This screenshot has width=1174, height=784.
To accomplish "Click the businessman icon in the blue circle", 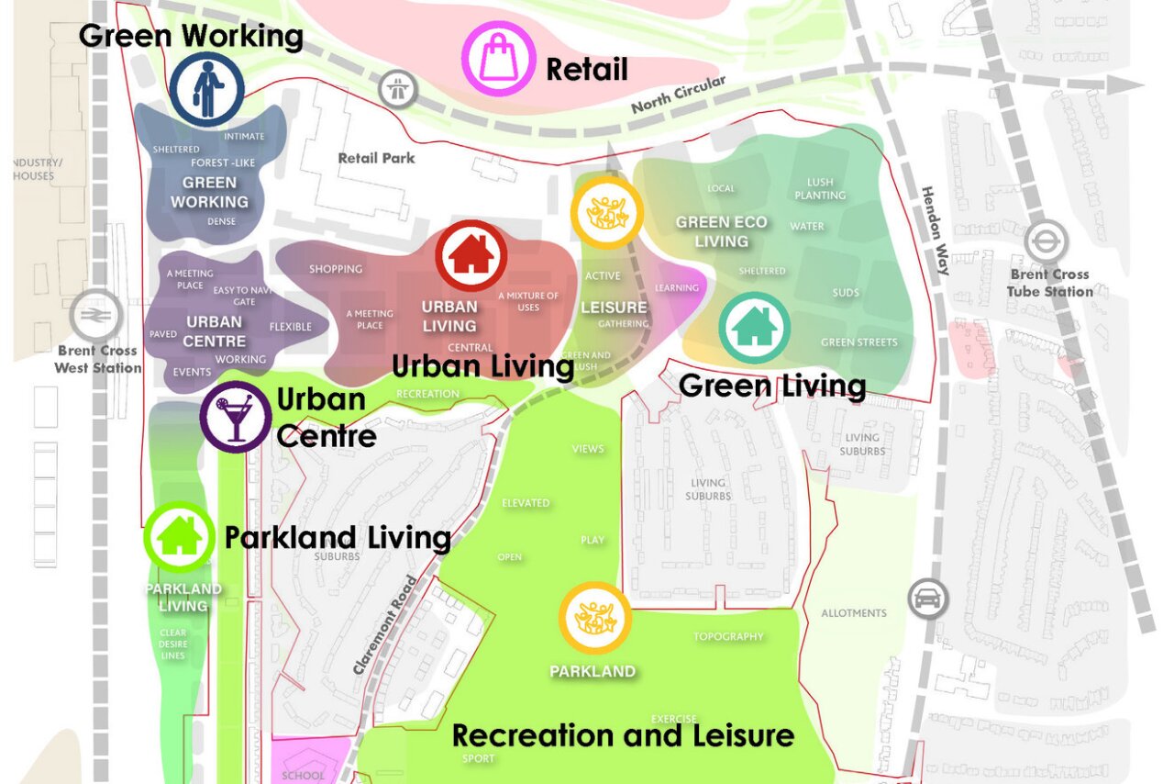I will pos(206,89).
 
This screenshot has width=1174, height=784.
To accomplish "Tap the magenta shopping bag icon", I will pos(499,59).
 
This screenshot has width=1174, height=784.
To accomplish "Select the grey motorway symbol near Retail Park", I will pos(399,90).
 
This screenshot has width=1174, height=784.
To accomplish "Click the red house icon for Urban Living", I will pos(471,255).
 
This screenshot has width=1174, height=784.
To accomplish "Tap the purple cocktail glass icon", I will pos(237,417).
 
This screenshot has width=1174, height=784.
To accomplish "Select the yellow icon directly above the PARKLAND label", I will pos(595,617).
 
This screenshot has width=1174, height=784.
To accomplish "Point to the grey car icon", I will pos(926,599).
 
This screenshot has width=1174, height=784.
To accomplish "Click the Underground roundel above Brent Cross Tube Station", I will pos(1042,242).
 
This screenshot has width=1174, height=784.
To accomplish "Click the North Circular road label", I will pos(678,95).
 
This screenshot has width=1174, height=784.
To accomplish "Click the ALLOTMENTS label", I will pos(853,613).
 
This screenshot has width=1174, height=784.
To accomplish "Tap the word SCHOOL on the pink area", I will pos(303,775).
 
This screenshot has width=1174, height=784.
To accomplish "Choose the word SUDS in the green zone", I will pos(845,294).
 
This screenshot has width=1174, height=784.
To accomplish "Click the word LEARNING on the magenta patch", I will pos(677,288).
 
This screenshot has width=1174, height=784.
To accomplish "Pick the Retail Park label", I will pos(376,158).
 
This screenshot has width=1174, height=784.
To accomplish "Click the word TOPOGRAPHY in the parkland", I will pos(728,636).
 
